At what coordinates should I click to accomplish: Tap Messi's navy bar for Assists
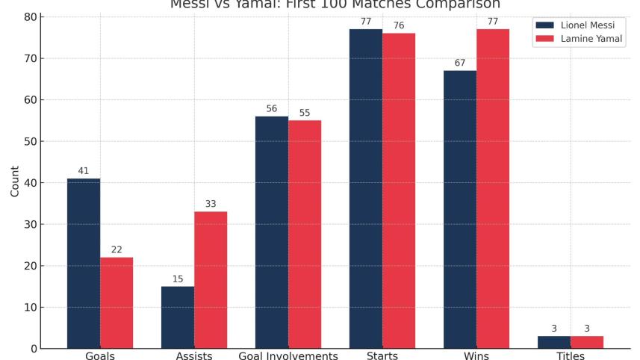click(178, 317)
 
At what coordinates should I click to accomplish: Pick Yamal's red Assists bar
click(211, 279)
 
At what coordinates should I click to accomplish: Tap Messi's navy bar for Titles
click(554, 342)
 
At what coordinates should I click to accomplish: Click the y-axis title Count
click(15, 182)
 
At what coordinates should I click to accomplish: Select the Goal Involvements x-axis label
click(288, 356)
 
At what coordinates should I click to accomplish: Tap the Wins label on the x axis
click(476, 356)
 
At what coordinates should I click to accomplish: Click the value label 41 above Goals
click(84, 171)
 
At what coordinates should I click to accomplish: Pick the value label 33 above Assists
click(211, 204)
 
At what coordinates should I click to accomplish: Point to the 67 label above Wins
click(460, 63)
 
